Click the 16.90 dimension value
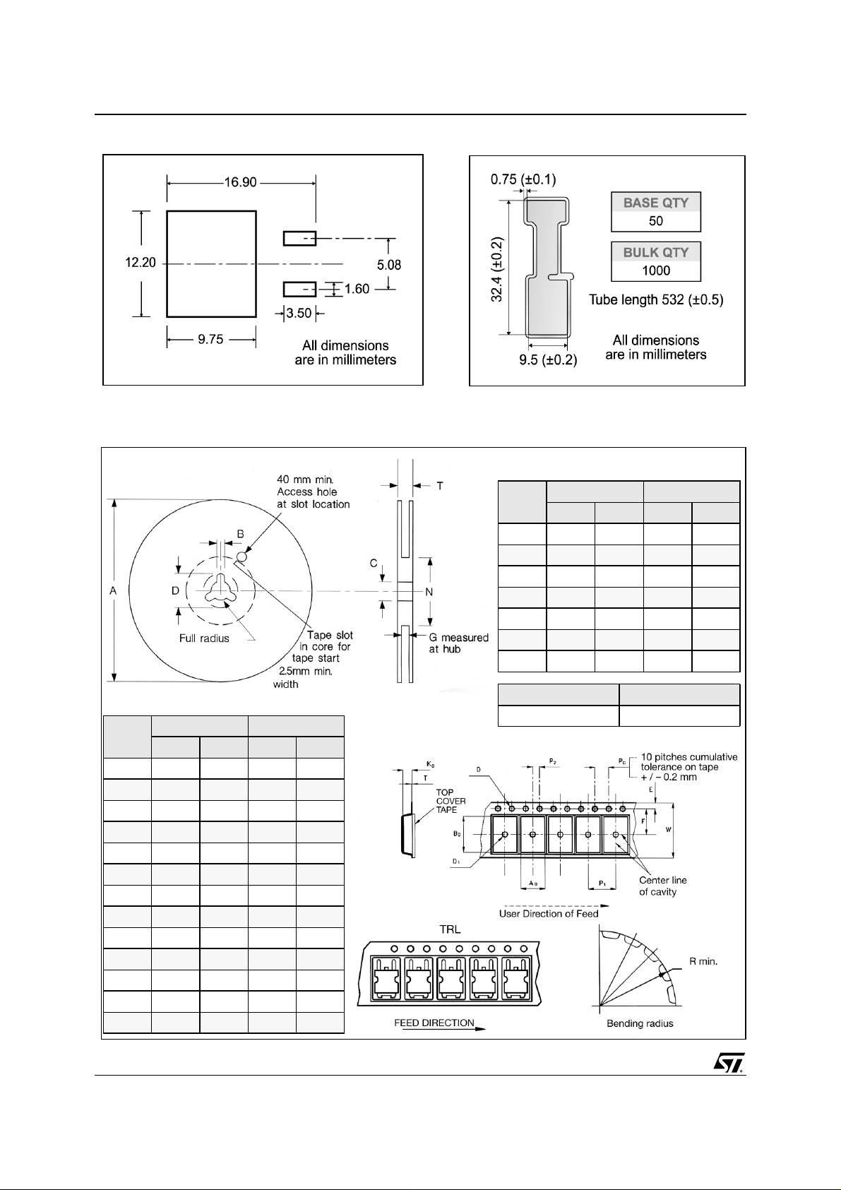(x=240, y=182)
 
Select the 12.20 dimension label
(x=140, y=263)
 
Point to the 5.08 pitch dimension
(x=388, y=265)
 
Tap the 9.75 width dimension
(x=210, y=340)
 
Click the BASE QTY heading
(x=655, y=203)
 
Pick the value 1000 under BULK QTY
(x=655, y=270)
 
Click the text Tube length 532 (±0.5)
(x=656, y=300)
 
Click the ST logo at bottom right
(x=729, y=1064)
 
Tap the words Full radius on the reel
(x=203, y=638)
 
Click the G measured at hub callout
(x=458, y=643)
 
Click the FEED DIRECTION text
(x=434, y=1023)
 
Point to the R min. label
(x=703, y=961)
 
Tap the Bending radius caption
(x=640, y=1023)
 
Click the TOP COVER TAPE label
(x=451, y=801)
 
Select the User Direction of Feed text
(x=549, y=913)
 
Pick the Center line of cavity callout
(x=662, y=886)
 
